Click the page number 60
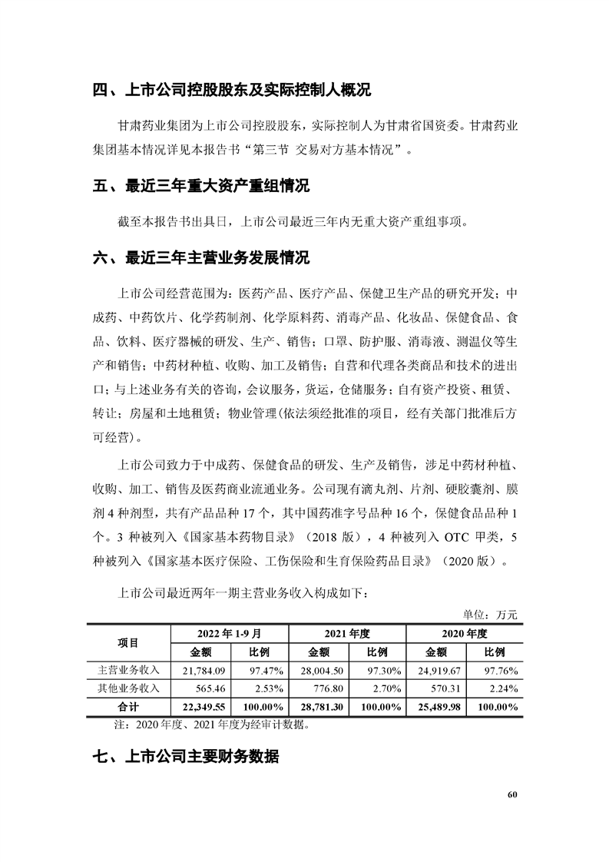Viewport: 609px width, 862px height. tap(512, 794)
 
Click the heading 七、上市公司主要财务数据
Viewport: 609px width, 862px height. tap(186, 757)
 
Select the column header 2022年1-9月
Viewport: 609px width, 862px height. tap(229, 634)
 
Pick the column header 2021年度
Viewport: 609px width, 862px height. tap(347, 634)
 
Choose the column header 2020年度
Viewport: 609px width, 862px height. tap(465, 634)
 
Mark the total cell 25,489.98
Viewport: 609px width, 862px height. tap(438, 707)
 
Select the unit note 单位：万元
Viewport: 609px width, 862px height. tap(490, 615)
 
